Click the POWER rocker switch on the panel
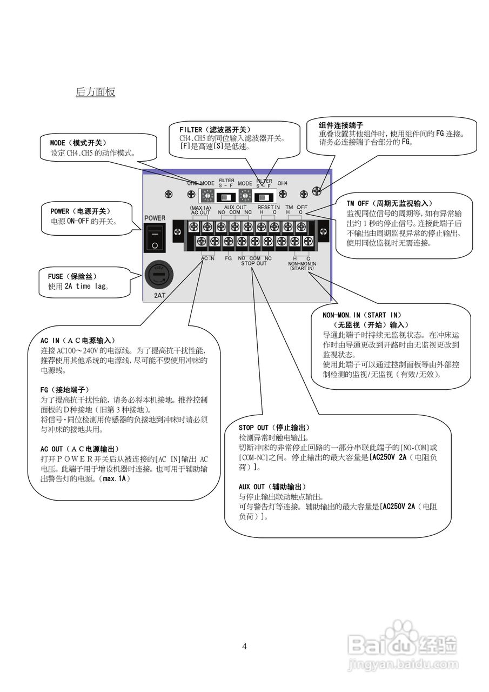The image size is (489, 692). [x=155, y=238]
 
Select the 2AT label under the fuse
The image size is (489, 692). [x=160, y=296]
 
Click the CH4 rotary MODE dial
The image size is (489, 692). [x=245, y=195]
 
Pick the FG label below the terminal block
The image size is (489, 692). [x=228, y=258]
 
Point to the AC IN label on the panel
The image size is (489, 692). [x=208, y=258]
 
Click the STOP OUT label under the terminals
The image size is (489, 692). [x=253, y=263]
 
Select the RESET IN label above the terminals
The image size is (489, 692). [x=268, y=207]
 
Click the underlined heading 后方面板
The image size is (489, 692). [x=95, y=92]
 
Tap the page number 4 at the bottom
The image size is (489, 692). [x=244, y=646]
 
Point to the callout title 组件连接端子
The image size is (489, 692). [x=340, y=124]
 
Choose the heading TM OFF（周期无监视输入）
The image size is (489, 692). [x=389, y=203]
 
